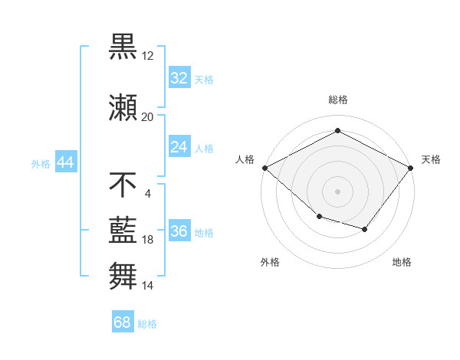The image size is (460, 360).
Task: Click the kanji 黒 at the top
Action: coord(123,46)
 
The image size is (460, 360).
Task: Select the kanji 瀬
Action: coord(123,107)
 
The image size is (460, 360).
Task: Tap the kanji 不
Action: coord(123,184)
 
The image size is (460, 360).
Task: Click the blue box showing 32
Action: coord(179,78)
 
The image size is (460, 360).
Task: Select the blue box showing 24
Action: coord(179,147)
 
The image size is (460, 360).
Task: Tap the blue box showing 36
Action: coord(179,232)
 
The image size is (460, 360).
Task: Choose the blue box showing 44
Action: coord(65,162)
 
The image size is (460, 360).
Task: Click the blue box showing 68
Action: coord(123,322)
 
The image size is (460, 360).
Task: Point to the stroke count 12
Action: coord(147,56)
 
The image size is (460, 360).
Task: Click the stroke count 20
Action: coord(147,117)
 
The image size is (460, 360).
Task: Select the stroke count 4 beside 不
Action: coord(147,193)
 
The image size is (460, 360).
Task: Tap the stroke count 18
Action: coord(147,240)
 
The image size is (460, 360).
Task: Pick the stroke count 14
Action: coord(147,285)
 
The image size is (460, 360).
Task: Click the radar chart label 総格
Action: coord(337,100)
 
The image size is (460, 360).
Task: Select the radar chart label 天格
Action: coord(431,159)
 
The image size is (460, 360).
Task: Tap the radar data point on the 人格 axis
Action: coord(264,168)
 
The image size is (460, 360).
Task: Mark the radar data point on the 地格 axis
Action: coord(365,229)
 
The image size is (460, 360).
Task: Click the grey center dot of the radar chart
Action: coord(337,191)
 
